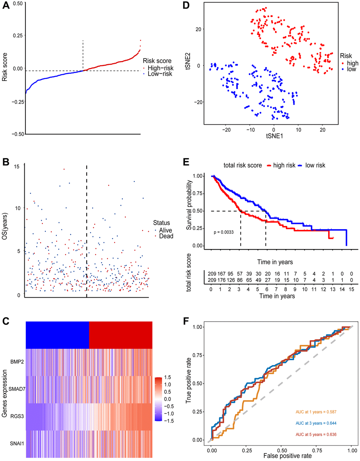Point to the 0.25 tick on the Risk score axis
17,36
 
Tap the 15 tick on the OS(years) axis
17,166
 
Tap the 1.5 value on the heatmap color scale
167,377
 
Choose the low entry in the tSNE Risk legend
352,69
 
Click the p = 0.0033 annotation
224,232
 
